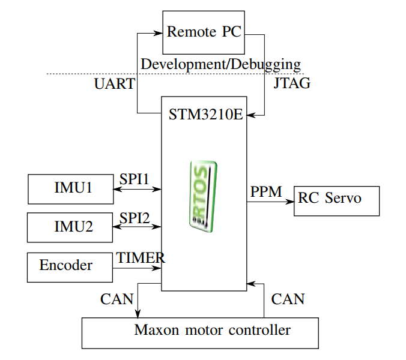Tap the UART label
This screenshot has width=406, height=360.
coord(115,83)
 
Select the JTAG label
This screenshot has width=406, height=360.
coord(292,83)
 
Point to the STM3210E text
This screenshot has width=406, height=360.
coord(206,115)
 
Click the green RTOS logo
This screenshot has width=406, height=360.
coord(203,196)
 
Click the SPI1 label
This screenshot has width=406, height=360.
coord(134,179)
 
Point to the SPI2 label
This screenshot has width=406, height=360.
coord(135,218)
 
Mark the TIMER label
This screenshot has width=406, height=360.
coord(141,257)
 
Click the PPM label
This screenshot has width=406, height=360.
coord(266,191)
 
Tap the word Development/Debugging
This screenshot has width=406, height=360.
coord(220,64)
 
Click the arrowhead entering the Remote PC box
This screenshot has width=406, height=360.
coord(158,33)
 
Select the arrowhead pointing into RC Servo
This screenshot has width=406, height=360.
coord(289,202)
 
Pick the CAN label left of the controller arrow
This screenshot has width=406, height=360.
coord(117,299)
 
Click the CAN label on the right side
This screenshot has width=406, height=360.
coord(288,299)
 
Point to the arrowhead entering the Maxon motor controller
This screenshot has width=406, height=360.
coord(138,313)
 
